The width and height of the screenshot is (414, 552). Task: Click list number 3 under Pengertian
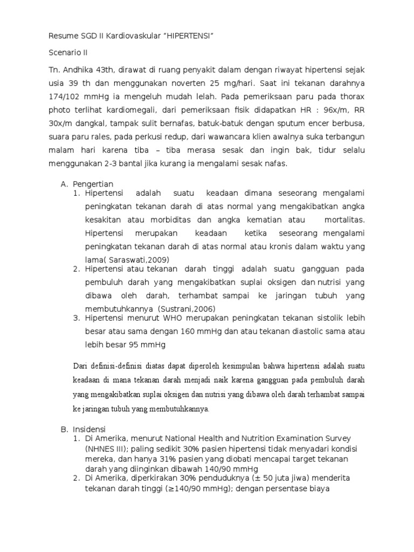76,318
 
